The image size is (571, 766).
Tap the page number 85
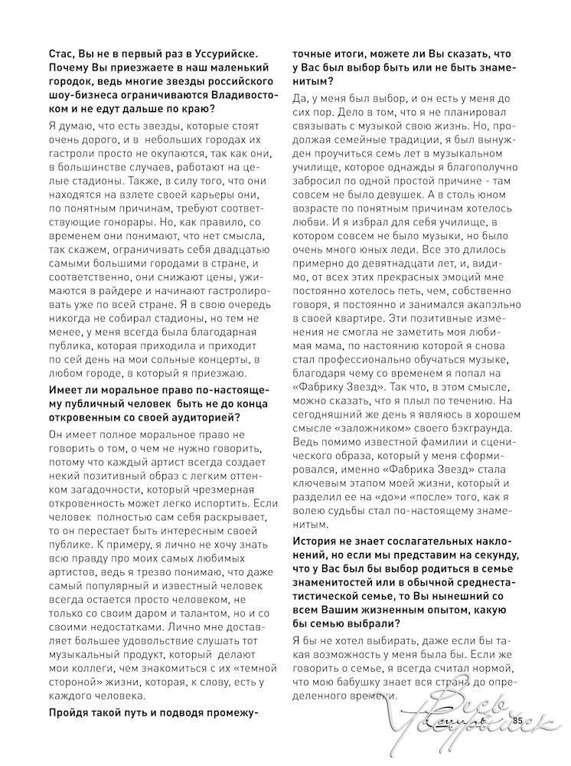[x=517, y=720]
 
